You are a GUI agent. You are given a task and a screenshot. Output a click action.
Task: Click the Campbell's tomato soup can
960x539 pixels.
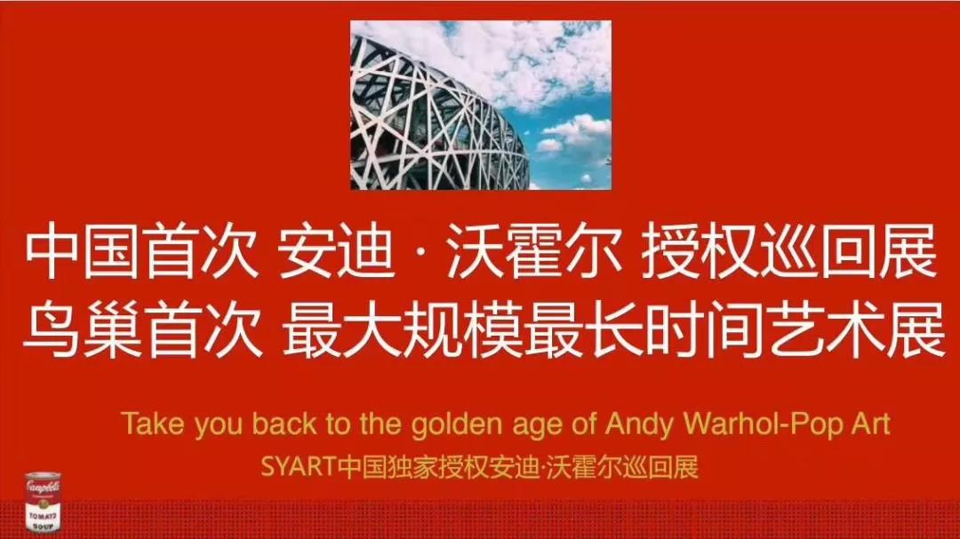pos(43,501)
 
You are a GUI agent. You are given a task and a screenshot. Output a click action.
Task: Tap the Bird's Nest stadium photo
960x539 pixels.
pos(481,105)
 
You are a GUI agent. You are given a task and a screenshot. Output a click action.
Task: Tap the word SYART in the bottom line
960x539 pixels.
pos(299,467)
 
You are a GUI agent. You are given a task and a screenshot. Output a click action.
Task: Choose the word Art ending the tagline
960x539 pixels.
pos(870,424)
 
